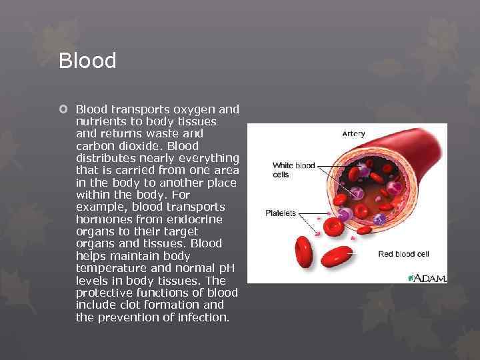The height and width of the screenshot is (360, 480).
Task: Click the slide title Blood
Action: point(87,61)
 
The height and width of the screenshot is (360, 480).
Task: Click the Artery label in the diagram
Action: point(353,133)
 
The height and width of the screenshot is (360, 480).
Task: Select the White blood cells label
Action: point(293,169)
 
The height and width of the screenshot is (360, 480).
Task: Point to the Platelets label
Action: point(281,213)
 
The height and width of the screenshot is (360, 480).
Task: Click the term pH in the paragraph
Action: point(227,268)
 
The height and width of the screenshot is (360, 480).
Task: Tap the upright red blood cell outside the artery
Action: point(305,252)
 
